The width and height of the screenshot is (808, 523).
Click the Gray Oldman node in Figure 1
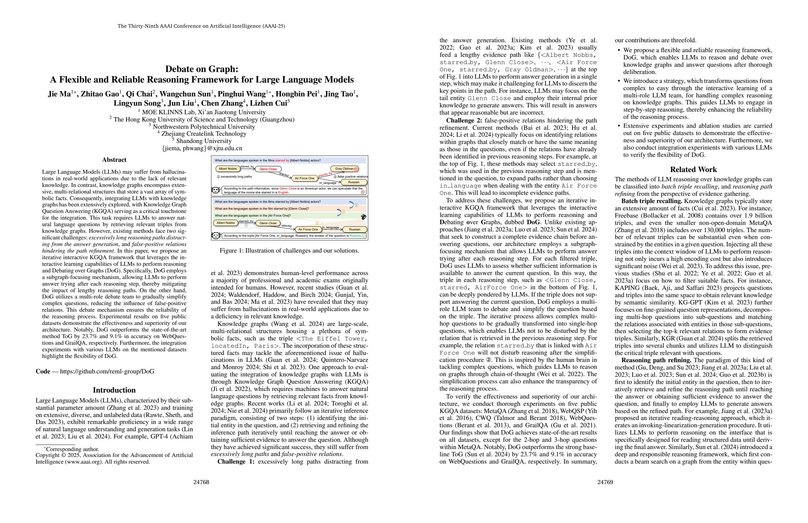(x=344, y=169)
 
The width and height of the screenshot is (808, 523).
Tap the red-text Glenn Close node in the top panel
(x=268, y=169)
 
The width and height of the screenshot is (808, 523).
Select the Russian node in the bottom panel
(x=354, y=229)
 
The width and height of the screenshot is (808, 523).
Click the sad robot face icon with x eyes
(x=215, y=190)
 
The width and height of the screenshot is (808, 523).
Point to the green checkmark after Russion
(x=364, y=236)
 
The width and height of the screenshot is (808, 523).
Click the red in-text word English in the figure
(x=283, y=192)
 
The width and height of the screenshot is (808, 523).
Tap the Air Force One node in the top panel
(x=304, y=178)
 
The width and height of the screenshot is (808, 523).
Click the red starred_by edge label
(x=324, y=174)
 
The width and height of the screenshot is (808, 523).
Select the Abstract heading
(x=114, y=159)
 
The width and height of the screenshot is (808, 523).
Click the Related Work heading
(x=693, y=169)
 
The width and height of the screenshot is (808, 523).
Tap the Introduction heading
(x=114, y=390)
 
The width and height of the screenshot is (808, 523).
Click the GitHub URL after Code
(x=107, y=371)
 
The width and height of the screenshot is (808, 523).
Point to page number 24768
(x=201, y=482)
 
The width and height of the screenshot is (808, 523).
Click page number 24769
(x=605, y=482)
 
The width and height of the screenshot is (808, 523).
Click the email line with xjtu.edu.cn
(x=202, y=148)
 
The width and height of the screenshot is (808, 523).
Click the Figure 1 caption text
(x=289, y=251)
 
